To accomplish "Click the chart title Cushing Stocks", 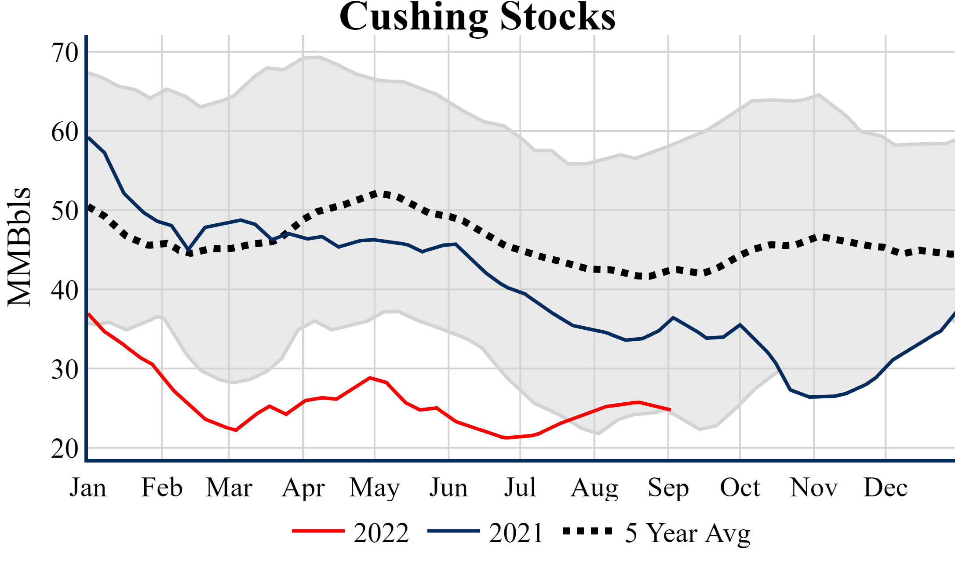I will (477, 17).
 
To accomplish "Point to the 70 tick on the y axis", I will (65, 53).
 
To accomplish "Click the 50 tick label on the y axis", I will (65, 211).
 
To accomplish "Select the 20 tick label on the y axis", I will (65, 449).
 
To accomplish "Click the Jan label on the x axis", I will (88, 488).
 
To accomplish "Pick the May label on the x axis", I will (375, 488).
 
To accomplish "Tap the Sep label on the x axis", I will (668, 488).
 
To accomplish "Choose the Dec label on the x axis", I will (886, 488).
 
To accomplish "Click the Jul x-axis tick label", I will (520, 488).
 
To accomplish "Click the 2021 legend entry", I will (485, 533).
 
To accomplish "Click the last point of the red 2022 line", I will (670, 410).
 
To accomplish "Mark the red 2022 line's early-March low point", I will (236, 430).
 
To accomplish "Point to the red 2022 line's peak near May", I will (370, 378).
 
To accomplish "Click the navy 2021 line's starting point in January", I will (89, 138).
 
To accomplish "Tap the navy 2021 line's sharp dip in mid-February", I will (189, 249).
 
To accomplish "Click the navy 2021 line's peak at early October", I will (740, 325).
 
